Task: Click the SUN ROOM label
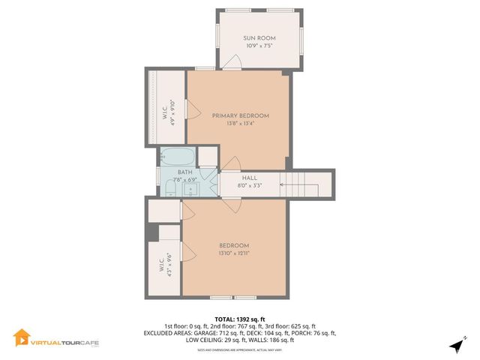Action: click(259, 37)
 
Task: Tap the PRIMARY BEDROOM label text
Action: click(240, 115)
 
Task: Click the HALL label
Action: click(250, 178)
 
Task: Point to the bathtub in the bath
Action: click(177, 157)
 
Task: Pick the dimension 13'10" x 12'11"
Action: click(234, 253)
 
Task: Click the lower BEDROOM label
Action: click(234, 246)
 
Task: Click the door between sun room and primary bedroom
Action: click(235, 64)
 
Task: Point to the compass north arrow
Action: click(455, 345)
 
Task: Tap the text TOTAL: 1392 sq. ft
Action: click(240, 319)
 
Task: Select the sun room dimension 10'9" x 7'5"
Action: click(259, 46)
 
